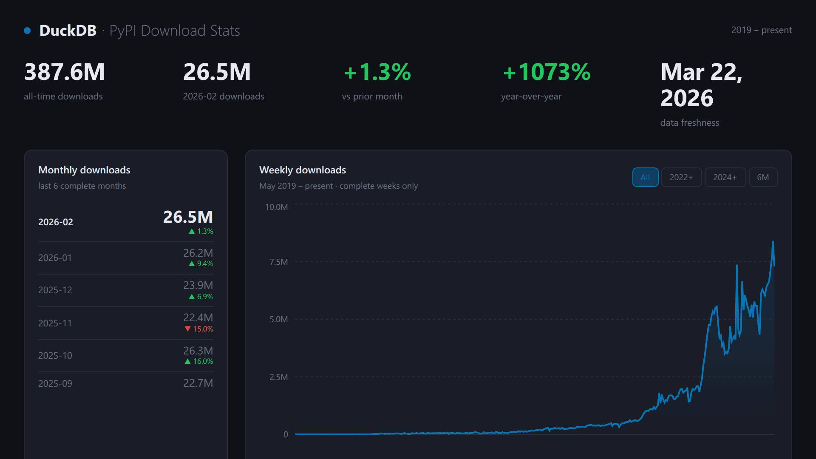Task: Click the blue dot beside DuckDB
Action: (27, 31)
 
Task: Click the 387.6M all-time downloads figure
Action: (65, 72)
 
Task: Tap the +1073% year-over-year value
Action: (547, 72)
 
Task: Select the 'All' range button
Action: (645, 177)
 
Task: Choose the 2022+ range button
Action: (681, 177)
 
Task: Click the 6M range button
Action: (763, 177)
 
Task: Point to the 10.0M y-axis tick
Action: (276, 207)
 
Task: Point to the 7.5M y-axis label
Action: (278, 262)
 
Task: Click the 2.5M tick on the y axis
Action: (278, 377)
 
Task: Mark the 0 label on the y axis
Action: (286, 434)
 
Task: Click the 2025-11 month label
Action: (55, 323)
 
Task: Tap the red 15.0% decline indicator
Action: (199, 329)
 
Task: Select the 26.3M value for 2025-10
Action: (198, 351)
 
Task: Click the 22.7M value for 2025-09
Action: (198, 383)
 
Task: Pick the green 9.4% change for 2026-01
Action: (201, 263)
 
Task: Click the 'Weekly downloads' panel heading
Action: (303, 170)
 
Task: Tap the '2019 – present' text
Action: (761, 30)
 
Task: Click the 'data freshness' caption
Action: (689, 123)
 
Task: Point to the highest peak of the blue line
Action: (773, 242)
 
